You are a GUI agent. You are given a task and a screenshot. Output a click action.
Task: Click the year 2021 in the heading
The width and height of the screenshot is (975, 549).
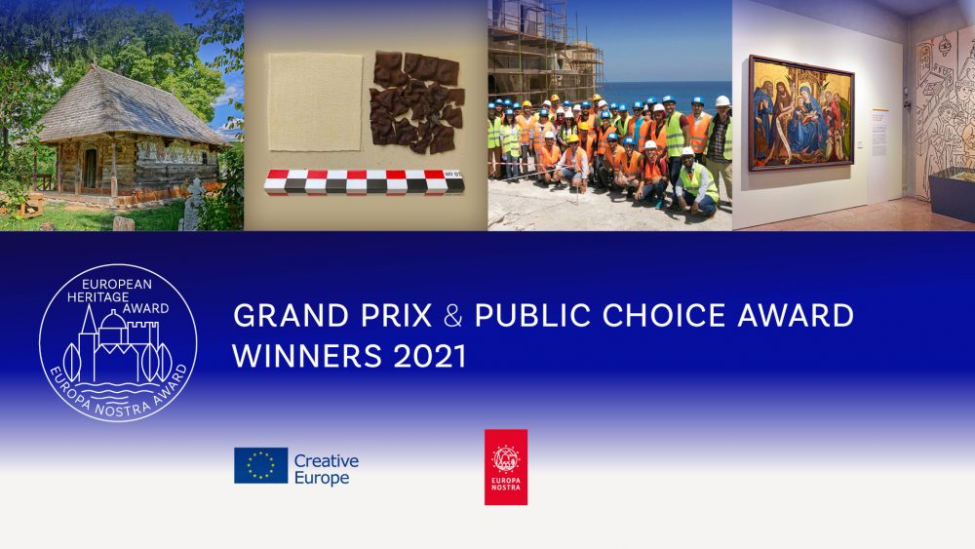[x=429, y=356]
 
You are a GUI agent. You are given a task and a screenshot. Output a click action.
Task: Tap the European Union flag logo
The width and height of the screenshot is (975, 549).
[x=260, y=466]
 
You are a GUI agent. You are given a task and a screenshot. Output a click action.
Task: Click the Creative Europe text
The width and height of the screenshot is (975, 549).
[x=326, y=468]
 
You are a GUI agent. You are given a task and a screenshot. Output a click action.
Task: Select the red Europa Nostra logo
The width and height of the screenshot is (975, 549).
[x=506, y=467]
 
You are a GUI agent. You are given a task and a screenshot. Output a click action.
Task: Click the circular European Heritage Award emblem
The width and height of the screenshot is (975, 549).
[x=118, y=342]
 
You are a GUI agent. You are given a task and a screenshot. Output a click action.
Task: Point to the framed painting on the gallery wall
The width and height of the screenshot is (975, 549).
[x=800, y=112]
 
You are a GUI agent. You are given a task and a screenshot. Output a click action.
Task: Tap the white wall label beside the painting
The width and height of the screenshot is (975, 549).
[x=878, y=128]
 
